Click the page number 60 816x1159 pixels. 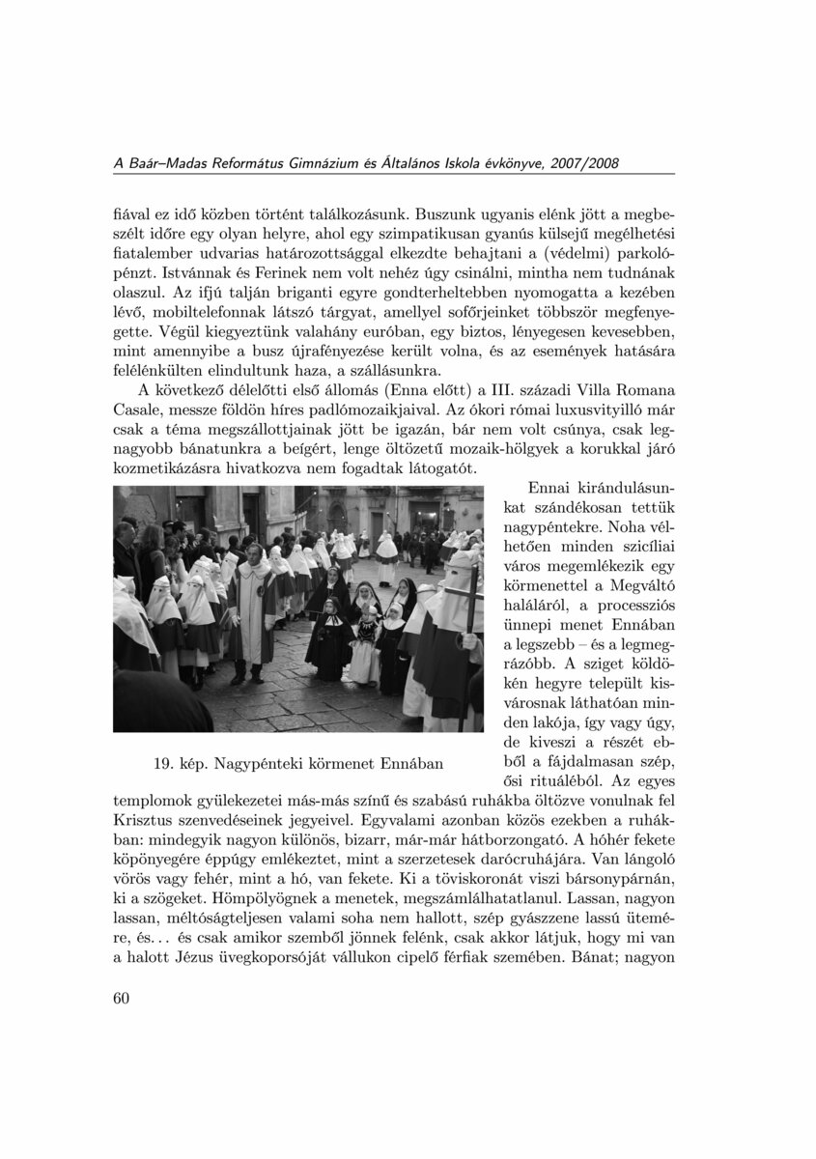(x=121, y=999)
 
